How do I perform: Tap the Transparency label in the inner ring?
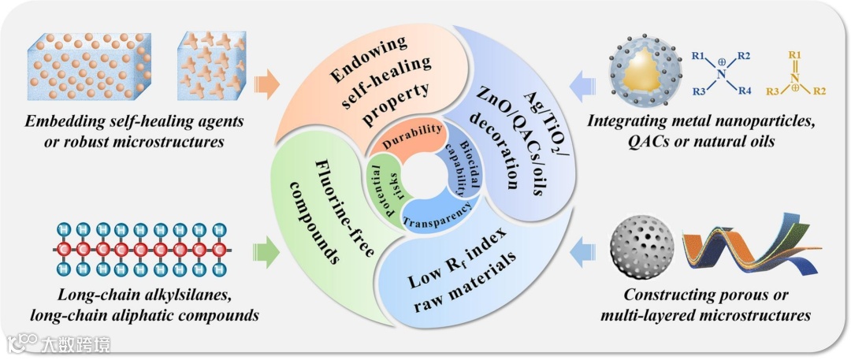tap(439, 218)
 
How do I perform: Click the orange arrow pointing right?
tap(268, 84)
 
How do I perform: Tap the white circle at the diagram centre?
tap(425, 180)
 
